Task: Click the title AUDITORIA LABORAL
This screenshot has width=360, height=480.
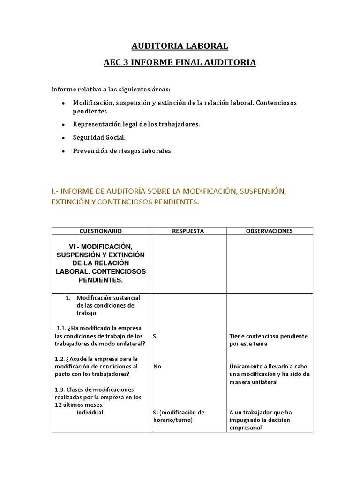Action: [x=180, y=46]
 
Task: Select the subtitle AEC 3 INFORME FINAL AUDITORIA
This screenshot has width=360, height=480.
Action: [x=180, y=62]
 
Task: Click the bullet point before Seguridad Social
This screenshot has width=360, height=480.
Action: [x=63, y=138]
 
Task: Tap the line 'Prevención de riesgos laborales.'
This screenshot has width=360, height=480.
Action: [x=123, y=150]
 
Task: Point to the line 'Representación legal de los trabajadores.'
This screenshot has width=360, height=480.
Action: [x=136, y=124]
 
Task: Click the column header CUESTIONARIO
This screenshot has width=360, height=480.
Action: [x=100, y=231]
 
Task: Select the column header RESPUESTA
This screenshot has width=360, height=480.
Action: [x=188, y=231]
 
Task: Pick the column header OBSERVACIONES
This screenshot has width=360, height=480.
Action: [x=269, y=231]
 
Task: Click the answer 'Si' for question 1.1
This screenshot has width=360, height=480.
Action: [x=156, y=336]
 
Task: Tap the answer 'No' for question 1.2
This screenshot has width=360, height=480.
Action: [x=157, y=367]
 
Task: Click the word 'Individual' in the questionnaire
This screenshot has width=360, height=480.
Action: [x=90, y=412]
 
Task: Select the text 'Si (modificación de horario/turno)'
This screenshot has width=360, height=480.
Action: [x=179, y=416]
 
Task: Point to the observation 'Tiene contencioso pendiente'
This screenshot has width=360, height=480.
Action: [x=269, y=336]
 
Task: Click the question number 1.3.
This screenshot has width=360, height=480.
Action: [x=60, y=390]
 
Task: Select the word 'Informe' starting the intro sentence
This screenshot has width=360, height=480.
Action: [x=63, y=89]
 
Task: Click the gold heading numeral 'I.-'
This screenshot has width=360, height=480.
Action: [x=56, y=191]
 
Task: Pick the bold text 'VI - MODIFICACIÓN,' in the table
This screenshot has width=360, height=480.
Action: [x=100, y=246]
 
